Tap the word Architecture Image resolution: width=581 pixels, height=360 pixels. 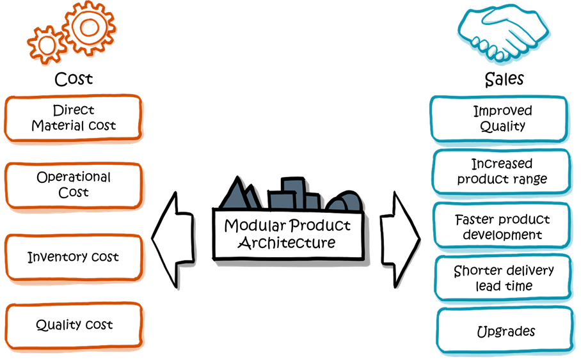pos(286,243)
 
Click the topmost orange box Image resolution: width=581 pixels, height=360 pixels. pos(74,118)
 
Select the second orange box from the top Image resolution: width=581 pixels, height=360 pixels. pos(74,185)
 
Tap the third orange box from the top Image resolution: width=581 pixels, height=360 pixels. pos(74,256)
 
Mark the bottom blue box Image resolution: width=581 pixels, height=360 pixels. pos(505,330)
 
